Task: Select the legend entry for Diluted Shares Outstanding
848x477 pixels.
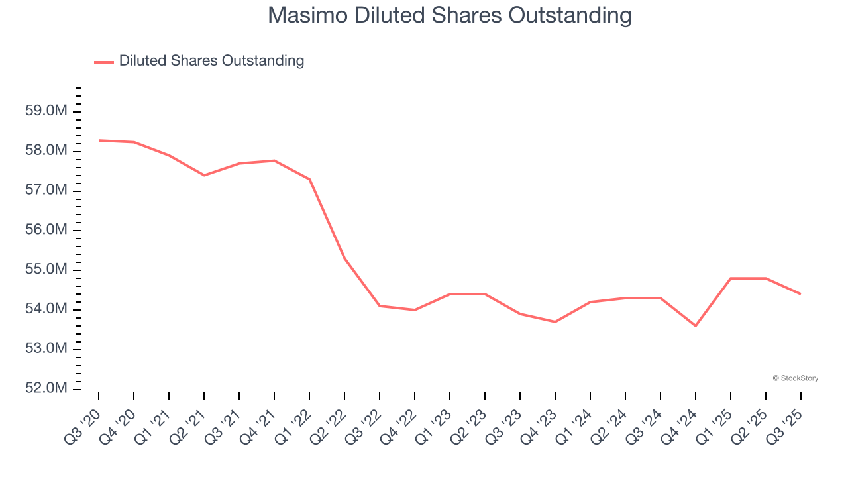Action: pyautogui.click(x=211, y=61)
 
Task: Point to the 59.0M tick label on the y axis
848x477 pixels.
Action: pyautogui.click(x=46, y=111)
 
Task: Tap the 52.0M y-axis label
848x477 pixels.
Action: pyautogui.click(x=46, y=388)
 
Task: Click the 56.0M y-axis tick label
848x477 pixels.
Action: pyautogui.click(x=46, y=230)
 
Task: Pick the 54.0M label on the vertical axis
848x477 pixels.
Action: pyautogui.click(x=46, y=309)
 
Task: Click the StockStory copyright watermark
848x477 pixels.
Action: pyautogui.click(x=795, y=378)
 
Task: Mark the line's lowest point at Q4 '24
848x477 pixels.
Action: pyautogui.click(x=696, y=326)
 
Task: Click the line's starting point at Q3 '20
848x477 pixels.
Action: pyautogui.click(x=99, y=140)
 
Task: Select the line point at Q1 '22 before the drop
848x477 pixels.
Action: pyautogui.click(x=310, y=179)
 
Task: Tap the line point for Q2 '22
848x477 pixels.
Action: pyautogui.click(x=344, y=258)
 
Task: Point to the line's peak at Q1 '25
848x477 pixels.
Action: pyautogui.click(x=731, y=278)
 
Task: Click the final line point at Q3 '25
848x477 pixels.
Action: pyautogui.click(x=800, y=294)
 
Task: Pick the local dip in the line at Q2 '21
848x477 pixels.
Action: pyautogui.click(x=204, y=175)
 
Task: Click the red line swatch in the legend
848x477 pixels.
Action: pyautogui.click(x=104, y=62)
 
